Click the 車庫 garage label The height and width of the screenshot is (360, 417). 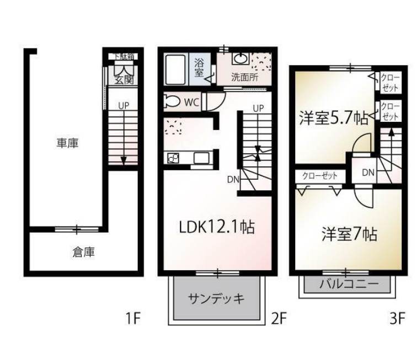[x=67, y=144]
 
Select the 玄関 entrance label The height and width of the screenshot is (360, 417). [x=124, y=79]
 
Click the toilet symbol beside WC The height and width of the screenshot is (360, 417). [x=172, y=101]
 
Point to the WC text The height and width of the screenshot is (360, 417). [x=191, y=102]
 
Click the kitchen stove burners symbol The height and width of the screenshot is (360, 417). [x=173, y=158]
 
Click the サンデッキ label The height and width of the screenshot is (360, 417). [x=216, y=299]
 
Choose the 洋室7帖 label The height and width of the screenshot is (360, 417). [x=349, y=234]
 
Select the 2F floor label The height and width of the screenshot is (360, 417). [x=279, y=318]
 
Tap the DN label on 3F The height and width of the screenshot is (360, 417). [x=368, y=173]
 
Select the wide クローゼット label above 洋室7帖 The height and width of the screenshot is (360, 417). [x=319, y=176]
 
